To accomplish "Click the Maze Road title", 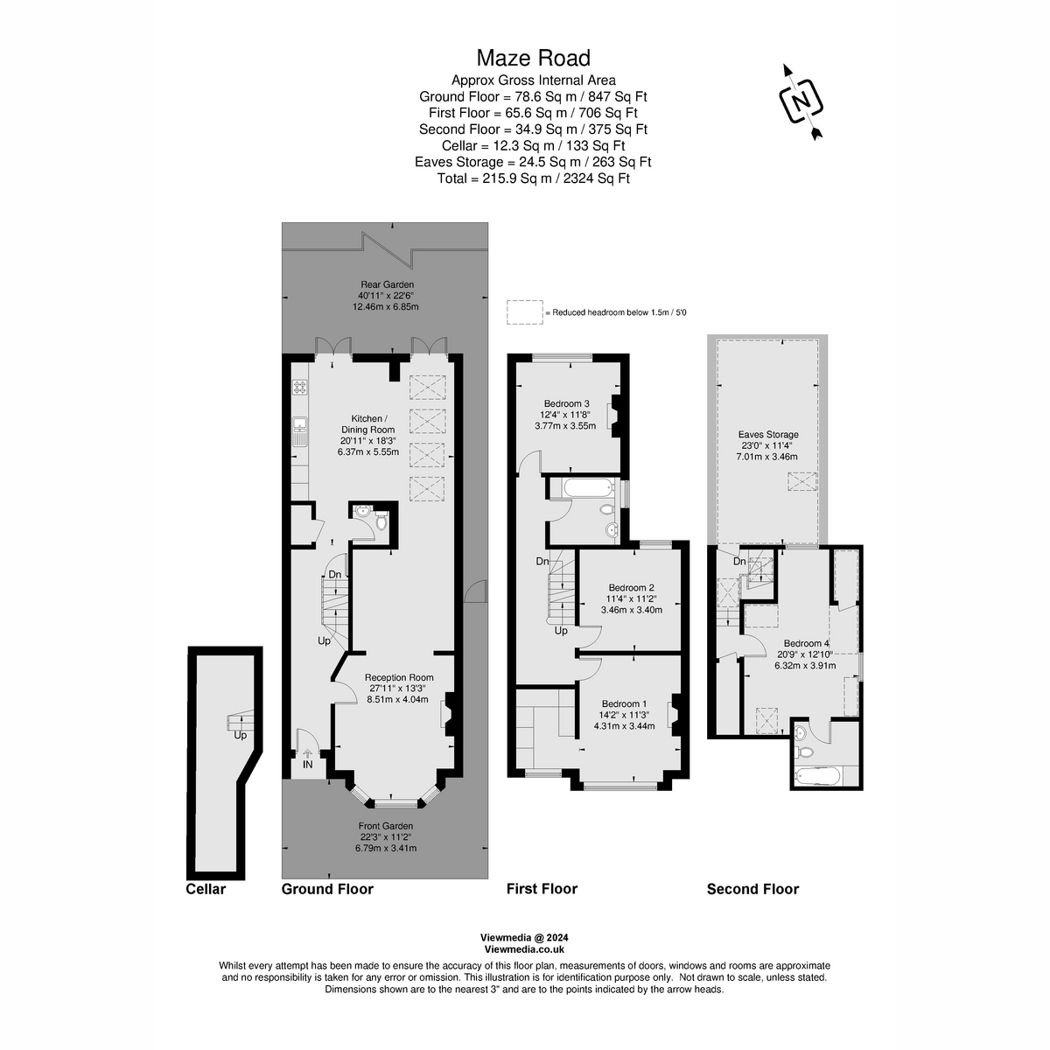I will [533, 58].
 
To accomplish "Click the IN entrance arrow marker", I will [307, 755].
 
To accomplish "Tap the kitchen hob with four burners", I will [300, 387].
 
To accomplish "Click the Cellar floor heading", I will [206, 889].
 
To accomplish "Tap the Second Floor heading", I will [752, 889].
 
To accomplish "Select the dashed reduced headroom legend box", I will [524, 311].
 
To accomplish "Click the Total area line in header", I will [533, 178].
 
